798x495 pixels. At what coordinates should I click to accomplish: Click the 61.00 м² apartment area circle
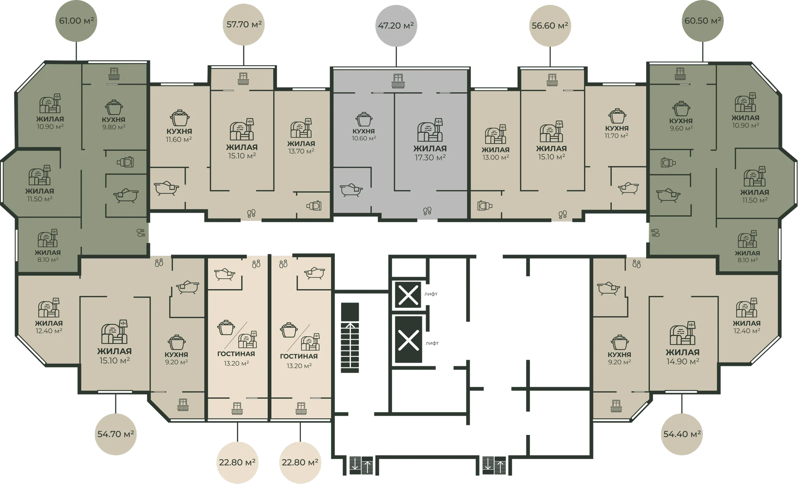click(x=76, y=21)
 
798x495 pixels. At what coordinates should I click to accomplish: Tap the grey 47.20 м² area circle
click(x=396, y=26)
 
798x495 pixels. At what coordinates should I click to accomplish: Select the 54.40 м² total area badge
click(x=682, y=434)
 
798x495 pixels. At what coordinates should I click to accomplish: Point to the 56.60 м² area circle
click(x=550, y=26)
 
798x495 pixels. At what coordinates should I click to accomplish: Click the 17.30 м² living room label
click(x=430, y=153)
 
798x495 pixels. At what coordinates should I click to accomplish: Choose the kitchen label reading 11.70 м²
click(x=617, y=132)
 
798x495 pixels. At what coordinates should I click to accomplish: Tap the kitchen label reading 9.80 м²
click(x=113, y=123)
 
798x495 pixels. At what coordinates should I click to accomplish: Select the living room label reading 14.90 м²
click(x=682, y=357)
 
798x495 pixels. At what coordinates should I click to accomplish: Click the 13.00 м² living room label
click(x=495, y=153)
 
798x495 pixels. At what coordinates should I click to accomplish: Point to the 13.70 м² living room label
click(x=301, y=147)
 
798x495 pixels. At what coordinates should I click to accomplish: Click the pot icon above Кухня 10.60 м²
click(x=364, y=119)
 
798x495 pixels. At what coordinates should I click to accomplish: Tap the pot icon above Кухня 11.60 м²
click(x=179, y=118)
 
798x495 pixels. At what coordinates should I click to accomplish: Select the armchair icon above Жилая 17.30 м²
click(x=430, y=130)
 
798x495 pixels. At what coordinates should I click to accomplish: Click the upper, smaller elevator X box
click(x=408, y=295)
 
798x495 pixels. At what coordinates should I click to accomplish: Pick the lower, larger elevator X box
click(x=408, y=340)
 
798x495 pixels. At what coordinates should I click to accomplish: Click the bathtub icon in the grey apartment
click(x=351, y=190)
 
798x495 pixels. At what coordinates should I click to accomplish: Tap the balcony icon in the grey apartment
click(x=398, y=81)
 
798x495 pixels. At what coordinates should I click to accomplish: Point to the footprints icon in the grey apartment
click(x=427, y=211)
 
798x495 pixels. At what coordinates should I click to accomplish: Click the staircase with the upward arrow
click(x=350, y=338)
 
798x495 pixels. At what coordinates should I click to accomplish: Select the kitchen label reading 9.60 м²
click(x=681, y=125)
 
